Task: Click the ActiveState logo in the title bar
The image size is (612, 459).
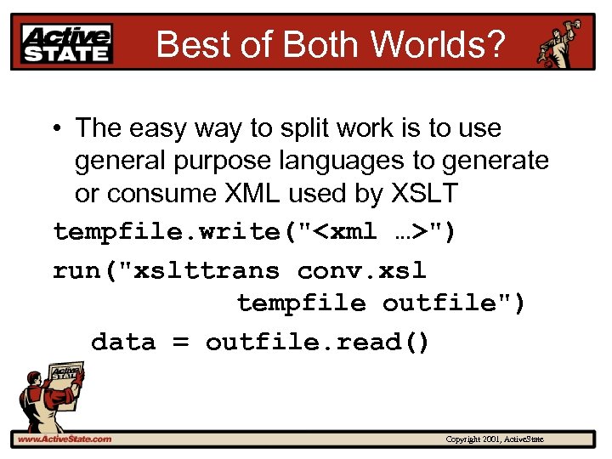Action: [x=67, y=42]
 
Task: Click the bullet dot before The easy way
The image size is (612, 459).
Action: [x=54, y=129]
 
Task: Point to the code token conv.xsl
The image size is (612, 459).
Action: [x=361, y=270]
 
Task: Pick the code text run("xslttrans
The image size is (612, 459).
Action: [x=166, y=270]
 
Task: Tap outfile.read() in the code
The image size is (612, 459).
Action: [x=318, y=342]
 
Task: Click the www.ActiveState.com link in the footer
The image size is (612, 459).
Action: [x=64, y=439]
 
